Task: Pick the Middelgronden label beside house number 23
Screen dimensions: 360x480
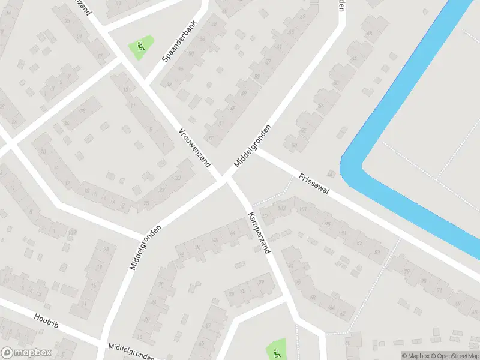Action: click(x=146, y=247)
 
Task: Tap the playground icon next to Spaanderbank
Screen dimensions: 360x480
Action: click(x=140, y=46)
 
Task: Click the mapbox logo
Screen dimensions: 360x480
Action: click(x=25, y=353)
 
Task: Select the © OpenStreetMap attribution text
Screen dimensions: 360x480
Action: click(x=454, y=356)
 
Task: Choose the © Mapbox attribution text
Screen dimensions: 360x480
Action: click(x=415, y=356)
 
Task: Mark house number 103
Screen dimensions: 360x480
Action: click(x=282, y=208)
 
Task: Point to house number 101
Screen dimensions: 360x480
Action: click(x=302, y=209)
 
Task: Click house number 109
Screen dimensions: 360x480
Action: click(x=73, y=233)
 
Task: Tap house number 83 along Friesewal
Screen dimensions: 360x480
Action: click(x=377, y=251)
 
